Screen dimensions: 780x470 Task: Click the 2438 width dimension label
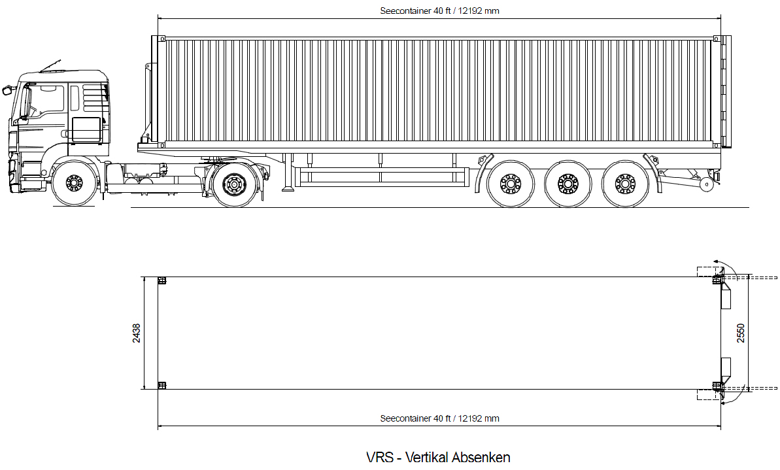[136, 333]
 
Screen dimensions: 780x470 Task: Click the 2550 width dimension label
[741, 333]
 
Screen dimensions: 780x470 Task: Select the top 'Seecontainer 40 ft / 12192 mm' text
[440, 11]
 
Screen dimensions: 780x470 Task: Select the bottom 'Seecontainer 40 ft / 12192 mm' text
[440, 419]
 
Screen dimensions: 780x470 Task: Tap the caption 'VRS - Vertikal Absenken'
[438, 457]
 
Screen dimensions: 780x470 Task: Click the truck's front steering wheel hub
[74, 182]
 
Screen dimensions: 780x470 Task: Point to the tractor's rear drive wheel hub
[233, 184]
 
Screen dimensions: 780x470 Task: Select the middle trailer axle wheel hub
[568, 184]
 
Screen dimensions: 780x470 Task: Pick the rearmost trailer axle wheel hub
[625, 184]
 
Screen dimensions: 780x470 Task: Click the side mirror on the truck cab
[7, 90]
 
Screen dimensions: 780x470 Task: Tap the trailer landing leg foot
[288, 189]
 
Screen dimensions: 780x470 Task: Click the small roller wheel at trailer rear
[706, 184]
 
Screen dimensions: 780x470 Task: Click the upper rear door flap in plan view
[726, 294]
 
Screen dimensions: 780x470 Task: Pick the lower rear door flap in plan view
[726, 372]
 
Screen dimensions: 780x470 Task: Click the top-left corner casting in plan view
[161, 280]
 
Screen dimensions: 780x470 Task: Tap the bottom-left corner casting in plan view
[161, 386]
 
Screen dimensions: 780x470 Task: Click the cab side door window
[47, 99]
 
